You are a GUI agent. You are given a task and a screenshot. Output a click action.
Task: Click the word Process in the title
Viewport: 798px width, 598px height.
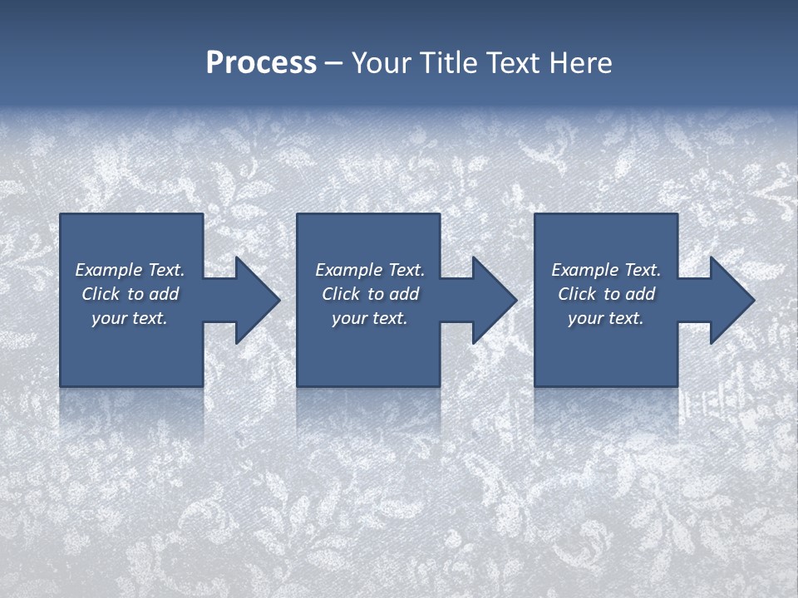[261, 63]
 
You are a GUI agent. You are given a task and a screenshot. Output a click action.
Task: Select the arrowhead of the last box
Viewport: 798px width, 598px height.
[731, 300]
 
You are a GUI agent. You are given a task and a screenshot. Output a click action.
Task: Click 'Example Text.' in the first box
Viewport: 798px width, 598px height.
[130, 270]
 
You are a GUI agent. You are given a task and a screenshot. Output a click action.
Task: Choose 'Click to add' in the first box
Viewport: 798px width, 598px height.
[130, 294]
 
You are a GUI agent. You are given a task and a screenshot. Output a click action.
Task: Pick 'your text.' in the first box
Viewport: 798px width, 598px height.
[130, 318]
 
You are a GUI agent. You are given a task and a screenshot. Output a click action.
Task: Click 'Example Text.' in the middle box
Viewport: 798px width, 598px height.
[370, 270]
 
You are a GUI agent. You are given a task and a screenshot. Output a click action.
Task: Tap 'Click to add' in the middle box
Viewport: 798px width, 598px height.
[370, 294]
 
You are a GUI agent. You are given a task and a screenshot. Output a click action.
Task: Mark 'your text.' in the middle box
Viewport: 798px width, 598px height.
[370, 318]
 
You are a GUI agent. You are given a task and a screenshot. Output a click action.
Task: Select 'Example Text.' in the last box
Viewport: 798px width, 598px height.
[606, 270]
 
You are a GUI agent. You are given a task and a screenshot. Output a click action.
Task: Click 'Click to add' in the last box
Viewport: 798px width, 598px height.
[606, 294]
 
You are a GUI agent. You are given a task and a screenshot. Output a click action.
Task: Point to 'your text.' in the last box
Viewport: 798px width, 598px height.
[606, 318]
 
